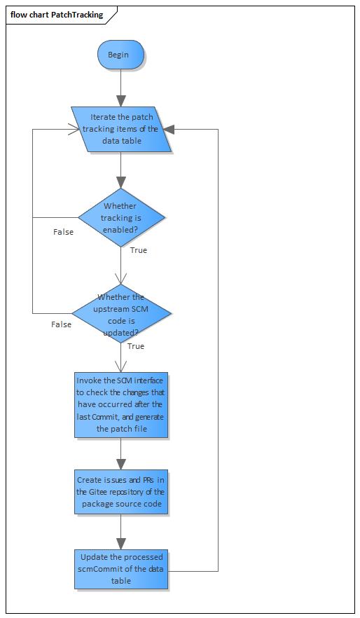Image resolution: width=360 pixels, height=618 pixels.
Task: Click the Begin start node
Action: coord(120,55)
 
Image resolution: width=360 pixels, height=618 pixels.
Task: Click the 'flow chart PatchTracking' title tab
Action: coord(57,15)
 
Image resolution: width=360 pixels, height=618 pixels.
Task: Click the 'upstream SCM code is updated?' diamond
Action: coord(120,313)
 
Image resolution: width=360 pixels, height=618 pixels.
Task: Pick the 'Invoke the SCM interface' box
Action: coord(120,404)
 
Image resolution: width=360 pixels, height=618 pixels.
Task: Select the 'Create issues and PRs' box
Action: coord(120,492)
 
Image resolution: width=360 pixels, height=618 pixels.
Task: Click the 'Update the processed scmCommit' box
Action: coord(120,569)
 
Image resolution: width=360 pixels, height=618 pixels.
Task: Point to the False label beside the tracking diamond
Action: coord(63,232)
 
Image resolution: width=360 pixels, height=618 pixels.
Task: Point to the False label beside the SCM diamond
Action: coord(61,324)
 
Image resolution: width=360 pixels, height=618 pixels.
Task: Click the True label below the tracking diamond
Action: coord(139,250)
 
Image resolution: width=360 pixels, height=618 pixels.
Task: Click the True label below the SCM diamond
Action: coord(136,346)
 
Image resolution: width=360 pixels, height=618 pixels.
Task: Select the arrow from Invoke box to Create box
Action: coord(120,454)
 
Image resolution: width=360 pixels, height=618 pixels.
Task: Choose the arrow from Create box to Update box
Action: coord(120,533)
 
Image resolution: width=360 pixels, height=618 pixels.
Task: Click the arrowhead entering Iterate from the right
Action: coord(170,129)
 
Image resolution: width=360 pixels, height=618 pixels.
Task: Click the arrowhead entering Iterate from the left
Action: coord(72,129)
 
